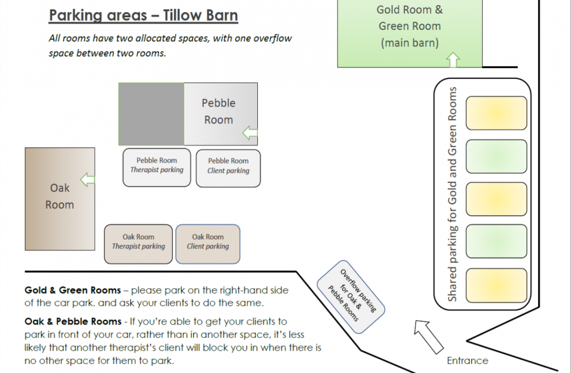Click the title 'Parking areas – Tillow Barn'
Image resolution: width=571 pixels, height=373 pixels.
144,15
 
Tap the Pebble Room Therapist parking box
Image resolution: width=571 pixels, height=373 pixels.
157,168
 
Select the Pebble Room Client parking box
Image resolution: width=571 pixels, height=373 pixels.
228,168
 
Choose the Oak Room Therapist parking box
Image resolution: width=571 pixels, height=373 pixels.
138,244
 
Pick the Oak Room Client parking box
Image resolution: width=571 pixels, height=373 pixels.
208,244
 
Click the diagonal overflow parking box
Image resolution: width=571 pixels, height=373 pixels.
351,297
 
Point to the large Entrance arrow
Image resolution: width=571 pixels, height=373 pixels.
429,337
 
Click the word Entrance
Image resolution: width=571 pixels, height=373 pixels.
467,361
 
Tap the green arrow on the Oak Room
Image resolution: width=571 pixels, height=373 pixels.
88,180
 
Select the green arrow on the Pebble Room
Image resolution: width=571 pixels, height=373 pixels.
250,133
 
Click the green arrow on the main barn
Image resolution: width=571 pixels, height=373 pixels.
453,60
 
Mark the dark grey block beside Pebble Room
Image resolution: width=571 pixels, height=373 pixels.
152,114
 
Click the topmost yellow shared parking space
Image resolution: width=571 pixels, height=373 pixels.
496,113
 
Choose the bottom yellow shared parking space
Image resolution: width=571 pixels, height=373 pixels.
496,285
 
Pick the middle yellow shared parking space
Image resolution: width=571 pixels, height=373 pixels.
496,199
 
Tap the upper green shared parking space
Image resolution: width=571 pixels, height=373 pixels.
496,156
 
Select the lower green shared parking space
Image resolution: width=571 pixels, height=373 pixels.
496,241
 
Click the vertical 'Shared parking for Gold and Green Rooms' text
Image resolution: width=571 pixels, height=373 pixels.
452,194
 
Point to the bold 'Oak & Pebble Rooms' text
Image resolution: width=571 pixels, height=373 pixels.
73,322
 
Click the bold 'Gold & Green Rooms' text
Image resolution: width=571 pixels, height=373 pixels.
72,290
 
